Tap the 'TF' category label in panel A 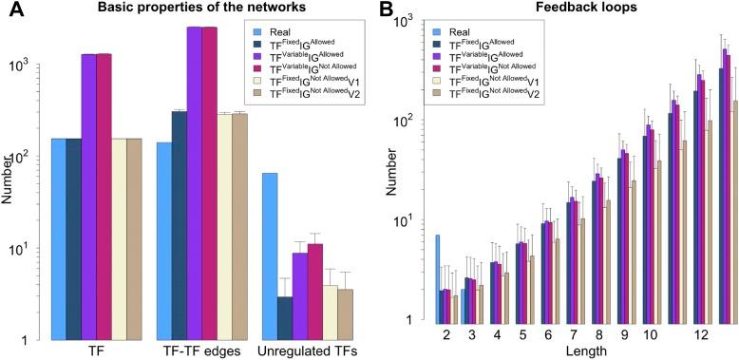coord(88,351)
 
